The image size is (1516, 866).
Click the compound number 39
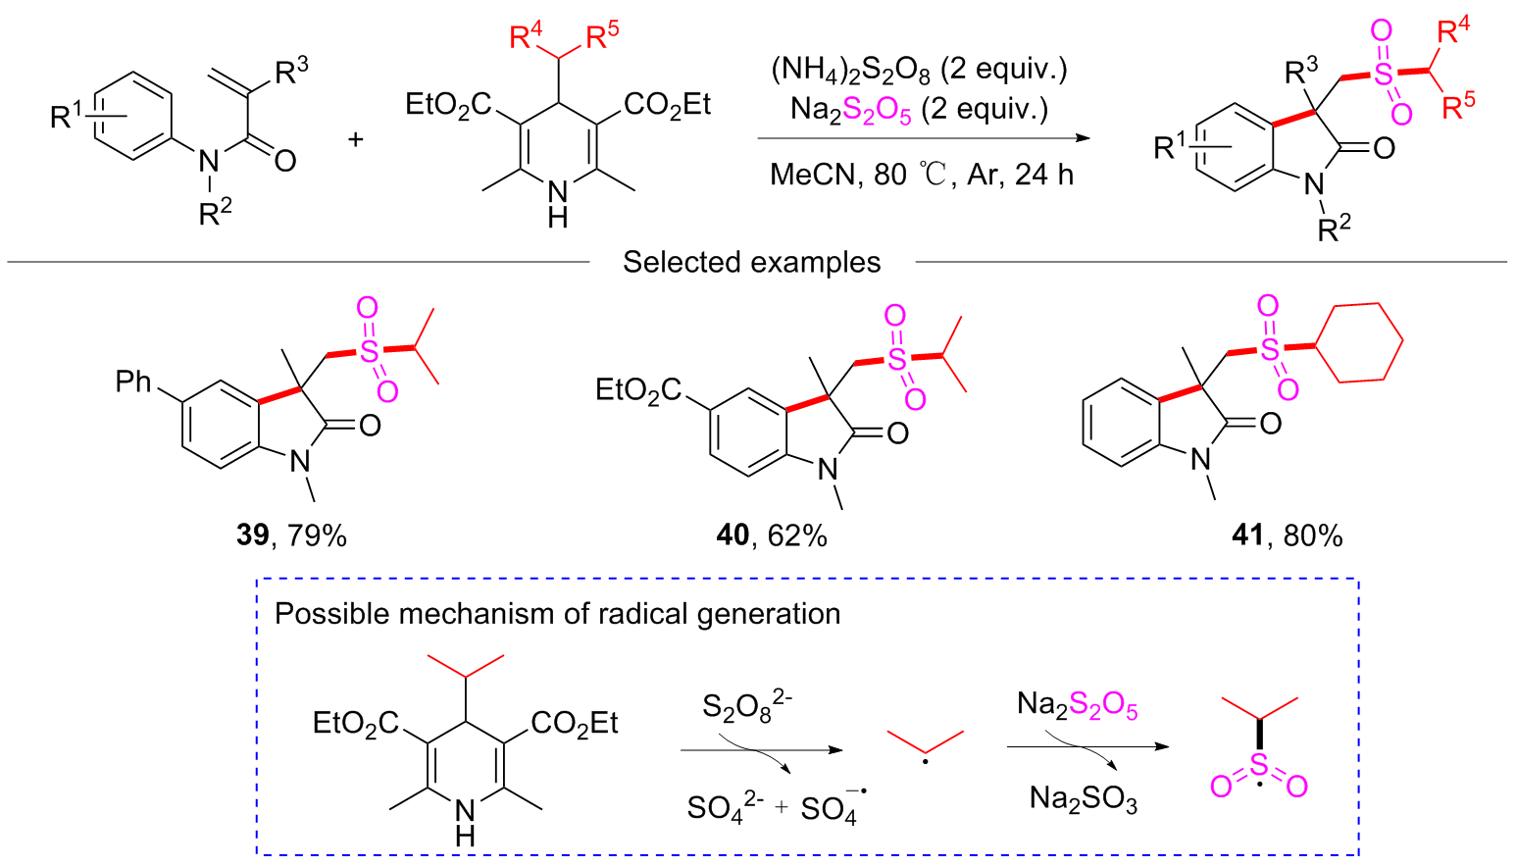tap(252, 535)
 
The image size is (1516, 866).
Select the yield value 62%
tap(799, 535)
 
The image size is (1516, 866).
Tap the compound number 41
tap(1246, 535)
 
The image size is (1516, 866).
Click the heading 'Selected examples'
tap(751, 263)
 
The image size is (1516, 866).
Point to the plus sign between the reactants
tap(355, 139)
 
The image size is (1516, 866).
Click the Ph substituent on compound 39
tap(133, 382)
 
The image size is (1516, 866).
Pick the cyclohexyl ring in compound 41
tap(1359, 342)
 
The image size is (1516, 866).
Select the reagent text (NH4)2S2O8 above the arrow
tap(850, 70)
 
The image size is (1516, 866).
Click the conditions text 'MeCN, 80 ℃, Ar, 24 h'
tap(921, 175)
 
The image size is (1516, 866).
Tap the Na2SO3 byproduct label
tap(1084, 799)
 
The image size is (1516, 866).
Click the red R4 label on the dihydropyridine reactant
tap(526, 37)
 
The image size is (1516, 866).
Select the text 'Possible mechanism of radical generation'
tap(557, 614)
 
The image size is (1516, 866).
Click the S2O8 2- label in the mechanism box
tap(746, 706)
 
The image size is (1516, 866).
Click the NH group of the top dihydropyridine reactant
tap(557, 204)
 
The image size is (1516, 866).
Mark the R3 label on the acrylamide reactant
tap(291, 71)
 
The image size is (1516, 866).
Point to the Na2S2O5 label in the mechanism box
tap(1077, 705)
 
